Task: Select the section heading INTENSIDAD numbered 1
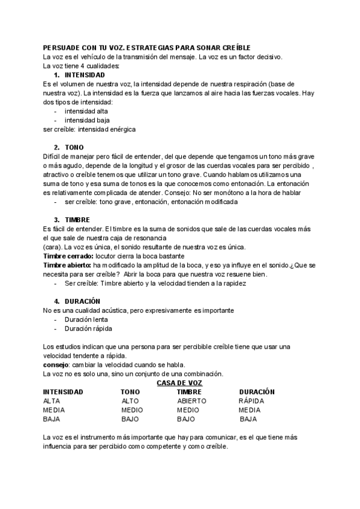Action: (x=85, y=75)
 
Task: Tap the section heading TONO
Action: (x=74, y=148)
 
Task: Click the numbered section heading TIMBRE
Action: (x=77, y=220)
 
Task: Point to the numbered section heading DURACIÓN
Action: (x=82, y=301)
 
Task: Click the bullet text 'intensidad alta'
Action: (x=86, y=111)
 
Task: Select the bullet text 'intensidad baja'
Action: (x=86, y=120)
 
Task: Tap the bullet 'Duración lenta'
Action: (x=86, y=319)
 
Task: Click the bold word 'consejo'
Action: (x=56, y=364)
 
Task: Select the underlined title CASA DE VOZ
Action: (x=179, y=382)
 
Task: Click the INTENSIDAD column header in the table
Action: (x=63, y=392)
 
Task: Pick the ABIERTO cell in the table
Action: (x=191, y=401)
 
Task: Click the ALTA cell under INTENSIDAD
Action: (x=52, y=401)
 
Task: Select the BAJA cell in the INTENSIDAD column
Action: (x=52, y=419)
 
